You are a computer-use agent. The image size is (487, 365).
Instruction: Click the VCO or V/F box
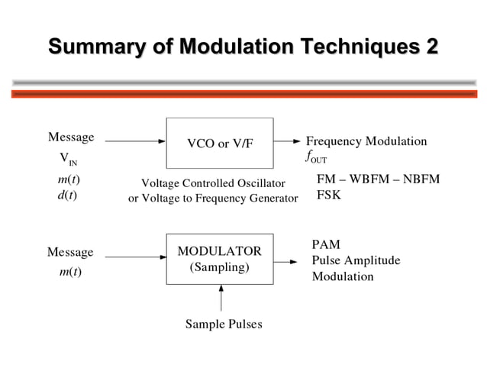tap(220, 143)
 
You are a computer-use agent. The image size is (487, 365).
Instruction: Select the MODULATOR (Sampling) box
tap(220, 259)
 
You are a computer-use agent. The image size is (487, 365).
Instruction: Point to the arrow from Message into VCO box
tap(135, 141)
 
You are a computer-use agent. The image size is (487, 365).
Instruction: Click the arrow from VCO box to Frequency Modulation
tap(287, 141)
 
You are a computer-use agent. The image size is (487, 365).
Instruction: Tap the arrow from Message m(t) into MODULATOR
tap(135, 257)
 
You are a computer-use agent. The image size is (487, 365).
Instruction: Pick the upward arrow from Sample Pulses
tap(221, 298)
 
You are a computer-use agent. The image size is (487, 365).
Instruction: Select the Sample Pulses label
tap(223, 325)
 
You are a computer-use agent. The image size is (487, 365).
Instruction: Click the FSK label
tap(329, 195)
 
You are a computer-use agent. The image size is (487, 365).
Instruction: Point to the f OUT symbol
tap(315, 157)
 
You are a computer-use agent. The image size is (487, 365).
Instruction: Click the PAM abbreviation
tap(326, 244)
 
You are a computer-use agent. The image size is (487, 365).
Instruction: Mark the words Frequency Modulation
tap(366, 141)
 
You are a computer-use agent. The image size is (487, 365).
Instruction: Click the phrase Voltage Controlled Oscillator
tap(213, 183)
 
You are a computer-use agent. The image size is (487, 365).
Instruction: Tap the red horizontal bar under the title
tap(243, 94)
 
